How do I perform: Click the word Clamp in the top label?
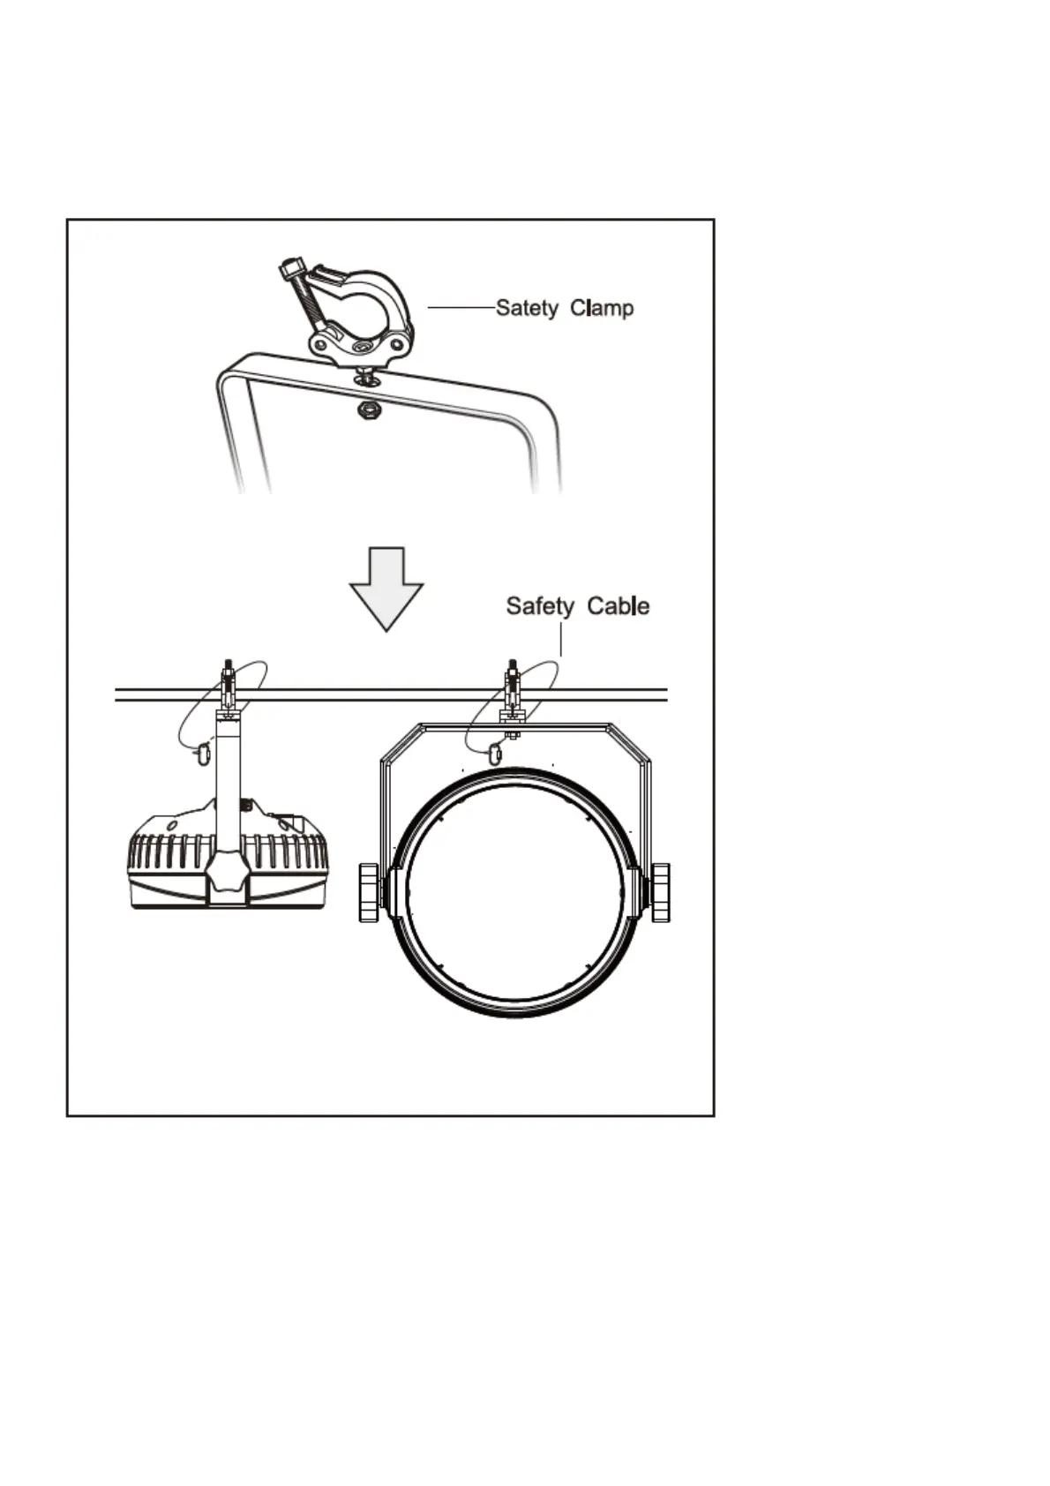(x=602, y=308)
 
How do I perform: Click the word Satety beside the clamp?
(x=527, y=308)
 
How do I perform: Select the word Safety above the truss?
(x=540, y=606)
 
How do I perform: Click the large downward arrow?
(x=386, y=587)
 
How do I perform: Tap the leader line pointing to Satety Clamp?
(x=461, y=307)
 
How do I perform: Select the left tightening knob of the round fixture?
(x=370, y=893)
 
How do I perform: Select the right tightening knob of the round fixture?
(x=660, y=893)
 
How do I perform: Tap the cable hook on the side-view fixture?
(x=204, y=753)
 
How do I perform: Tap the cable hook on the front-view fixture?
(x=495, y=754)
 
